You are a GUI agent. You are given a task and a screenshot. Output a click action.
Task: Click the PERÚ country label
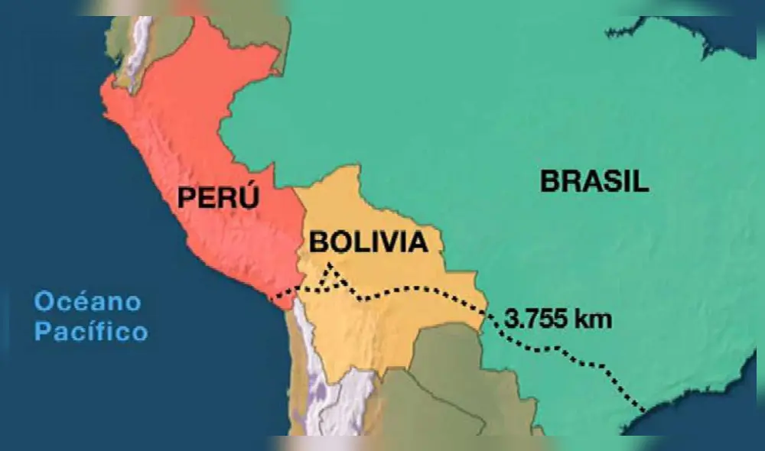point(218,198)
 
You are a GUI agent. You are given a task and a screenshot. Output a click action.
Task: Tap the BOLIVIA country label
point(367,242)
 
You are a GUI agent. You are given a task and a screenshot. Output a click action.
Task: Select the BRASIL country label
point(594,181)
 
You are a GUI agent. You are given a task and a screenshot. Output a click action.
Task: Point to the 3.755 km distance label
point(558,318)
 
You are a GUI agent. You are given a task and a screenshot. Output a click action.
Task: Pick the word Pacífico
point(91,333)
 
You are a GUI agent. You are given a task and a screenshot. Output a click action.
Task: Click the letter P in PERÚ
point(187,198)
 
